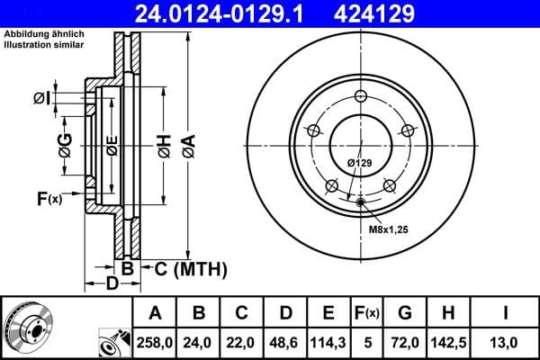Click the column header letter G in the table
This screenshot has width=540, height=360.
coord(404,313)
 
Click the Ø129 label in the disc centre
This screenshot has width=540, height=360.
coord(359,163)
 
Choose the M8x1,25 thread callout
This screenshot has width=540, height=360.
coord(388,230)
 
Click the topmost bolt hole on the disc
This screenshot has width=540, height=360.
coord(360,97)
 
